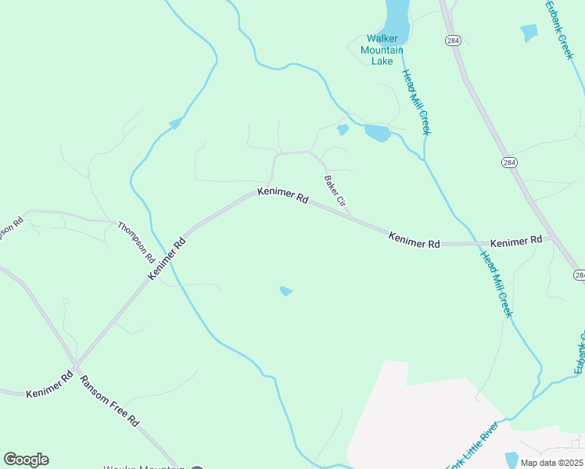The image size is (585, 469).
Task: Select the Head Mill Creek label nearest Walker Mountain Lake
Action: (x=416, y=102)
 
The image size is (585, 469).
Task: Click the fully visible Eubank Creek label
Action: (x=559, y=30)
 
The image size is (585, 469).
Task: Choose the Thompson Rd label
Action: (x=136, y=242)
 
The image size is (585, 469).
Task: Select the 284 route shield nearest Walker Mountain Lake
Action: (x=452, y=41)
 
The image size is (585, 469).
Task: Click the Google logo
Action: (x=26, y=460)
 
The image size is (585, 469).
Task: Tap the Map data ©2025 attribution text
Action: (x=551, y=463)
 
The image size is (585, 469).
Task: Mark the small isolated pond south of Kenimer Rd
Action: (x=286, y=292)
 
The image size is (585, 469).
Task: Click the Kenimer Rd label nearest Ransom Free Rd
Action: (x=49, y=385)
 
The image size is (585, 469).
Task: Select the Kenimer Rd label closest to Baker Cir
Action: (x=282, y=195)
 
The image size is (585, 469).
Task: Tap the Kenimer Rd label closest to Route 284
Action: (x=516, y=242)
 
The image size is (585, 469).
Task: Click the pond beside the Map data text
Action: (x=511, y=459)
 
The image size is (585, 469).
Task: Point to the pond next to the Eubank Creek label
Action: (x=529, y=32)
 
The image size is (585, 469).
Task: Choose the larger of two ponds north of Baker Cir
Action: (x=377, y=134)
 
